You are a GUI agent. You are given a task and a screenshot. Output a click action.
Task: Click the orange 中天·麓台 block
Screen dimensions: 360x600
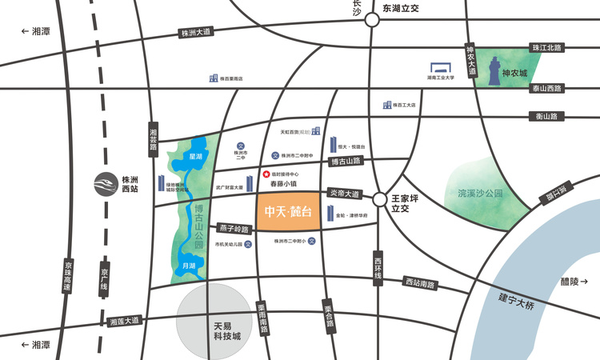click(x=288, y=212)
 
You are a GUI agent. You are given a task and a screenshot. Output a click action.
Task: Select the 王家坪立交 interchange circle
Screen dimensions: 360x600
click(x=380, y=199)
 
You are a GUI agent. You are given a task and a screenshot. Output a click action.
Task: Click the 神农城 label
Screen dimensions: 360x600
click(x=514, y=73)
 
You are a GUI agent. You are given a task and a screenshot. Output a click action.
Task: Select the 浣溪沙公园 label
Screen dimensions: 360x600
click(x=480, y=194)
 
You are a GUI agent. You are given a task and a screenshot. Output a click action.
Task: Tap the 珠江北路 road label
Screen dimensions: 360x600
click(x=546, y=48)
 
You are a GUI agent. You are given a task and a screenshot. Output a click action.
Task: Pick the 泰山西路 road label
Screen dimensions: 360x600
click(x=546, y=88)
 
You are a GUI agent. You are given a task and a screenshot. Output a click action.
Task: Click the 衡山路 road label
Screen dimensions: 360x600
click(x=548, y=117)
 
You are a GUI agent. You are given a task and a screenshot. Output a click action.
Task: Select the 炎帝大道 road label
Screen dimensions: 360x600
click(x=346, y=194)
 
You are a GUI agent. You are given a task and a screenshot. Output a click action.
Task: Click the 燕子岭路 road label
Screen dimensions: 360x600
click(x=234, y=229)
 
